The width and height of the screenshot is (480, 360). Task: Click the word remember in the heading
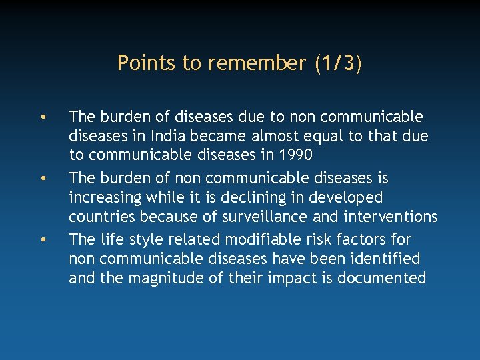257,63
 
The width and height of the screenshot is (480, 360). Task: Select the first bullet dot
42,118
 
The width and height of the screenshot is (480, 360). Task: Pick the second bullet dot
42,179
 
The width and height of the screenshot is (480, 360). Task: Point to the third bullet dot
42,240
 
